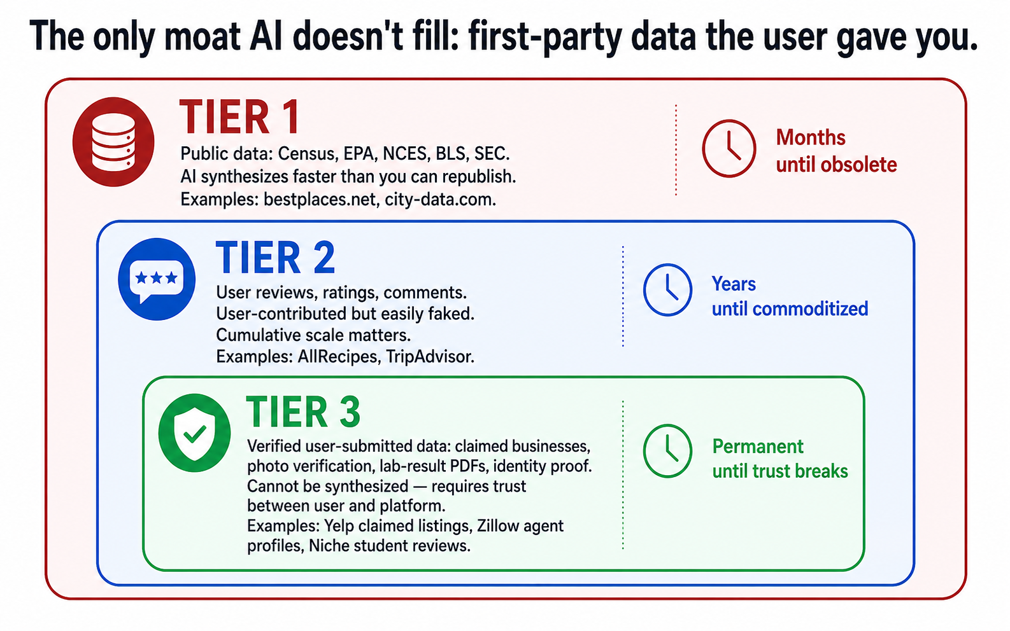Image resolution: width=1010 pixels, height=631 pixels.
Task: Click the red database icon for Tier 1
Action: (x=113, y=142)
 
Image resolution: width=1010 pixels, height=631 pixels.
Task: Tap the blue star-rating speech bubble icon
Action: (x=157, y=279)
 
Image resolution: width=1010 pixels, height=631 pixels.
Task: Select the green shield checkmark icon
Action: (x=194, y=433)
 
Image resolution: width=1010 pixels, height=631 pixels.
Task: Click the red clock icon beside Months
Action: (x=729, y=148)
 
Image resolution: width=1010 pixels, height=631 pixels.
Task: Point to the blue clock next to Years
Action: (x=667, y=289)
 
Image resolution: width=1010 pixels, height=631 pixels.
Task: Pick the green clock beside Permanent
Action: (x=667, y=450)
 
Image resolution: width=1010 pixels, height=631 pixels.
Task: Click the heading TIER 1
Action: (x=240, y=116)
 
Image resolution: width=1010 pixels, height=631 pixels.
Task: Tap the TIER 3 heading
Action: (x=303, y=412)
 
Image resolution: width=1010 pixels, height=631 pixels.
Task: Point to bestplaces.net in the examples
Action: (x=320, y=199)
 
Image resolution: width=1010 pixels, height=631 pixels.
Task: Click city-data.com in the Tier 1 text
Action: (x=441, y=199)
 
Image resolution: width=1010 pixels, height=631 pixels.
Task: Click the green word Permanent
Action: (x=758, y=447)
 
